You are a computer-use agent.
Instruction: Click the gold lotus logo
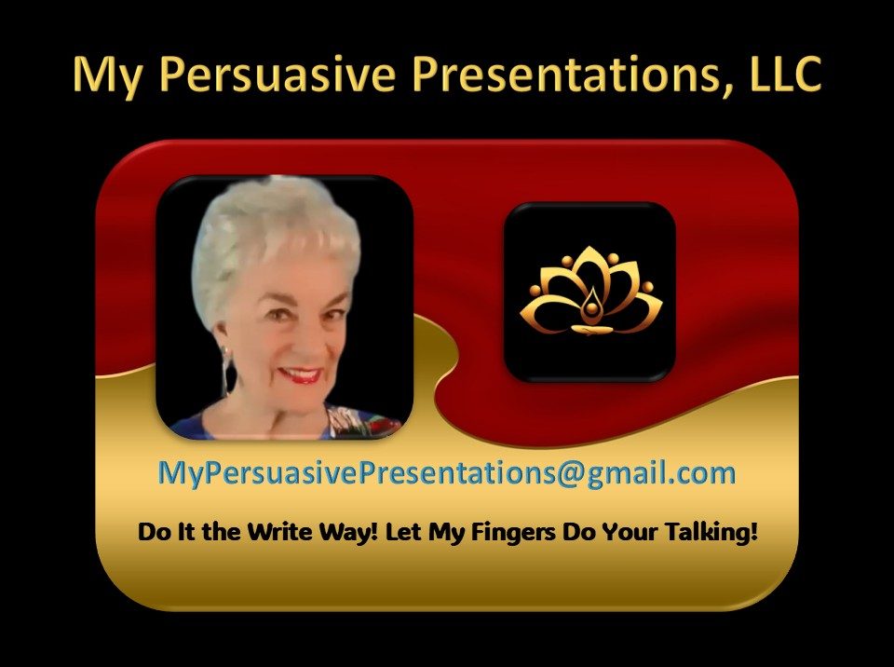coord(590,291)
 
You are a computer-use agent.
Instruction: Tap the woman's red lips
coord(299,374)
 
